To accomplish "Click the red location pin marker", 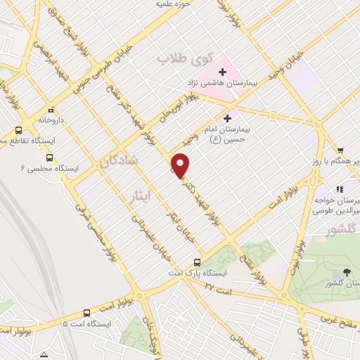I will point(181,165).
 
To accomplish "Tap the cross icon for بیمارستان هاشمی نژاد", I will point(223,72).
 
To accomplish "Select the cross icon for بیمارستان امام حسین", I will point(227,119).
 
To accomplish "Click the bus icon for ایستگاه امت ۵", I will point(86,313).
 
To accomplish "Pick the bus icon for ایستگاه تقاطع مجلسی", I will point(19,130).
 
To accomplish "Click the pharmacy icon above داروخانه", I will point(51,110).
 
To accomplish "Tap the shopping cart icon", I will point(340,150).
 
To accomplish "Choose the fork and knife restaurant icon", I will point(340,189).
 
